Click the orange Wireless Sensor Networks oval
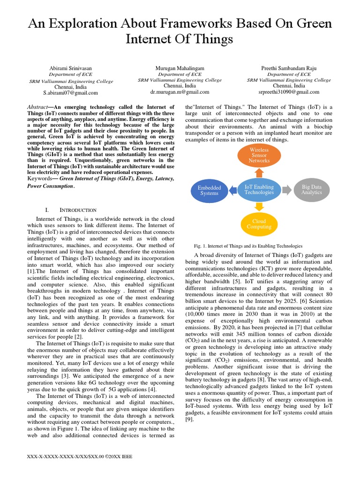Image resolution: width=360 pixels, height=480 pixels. click(x=259, y=156)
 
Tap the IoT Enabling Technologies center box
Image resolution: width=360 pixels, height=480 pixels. click(x=259, y=189)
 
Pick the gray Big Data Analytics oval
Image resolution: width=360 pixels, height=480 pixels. click(x=312, y=189)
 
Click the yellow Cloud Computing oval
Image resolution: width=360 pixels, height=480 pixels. click(x=259, y=224)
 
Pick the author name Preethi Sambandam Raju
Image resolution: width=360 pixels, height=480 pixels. click(x=289, y=68)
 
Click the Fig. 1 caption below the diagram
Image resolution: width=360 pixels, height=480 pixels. click(x=248, y=246)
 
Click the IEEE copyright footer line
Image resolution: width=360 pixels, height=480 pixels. click(x=80, y=456)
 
